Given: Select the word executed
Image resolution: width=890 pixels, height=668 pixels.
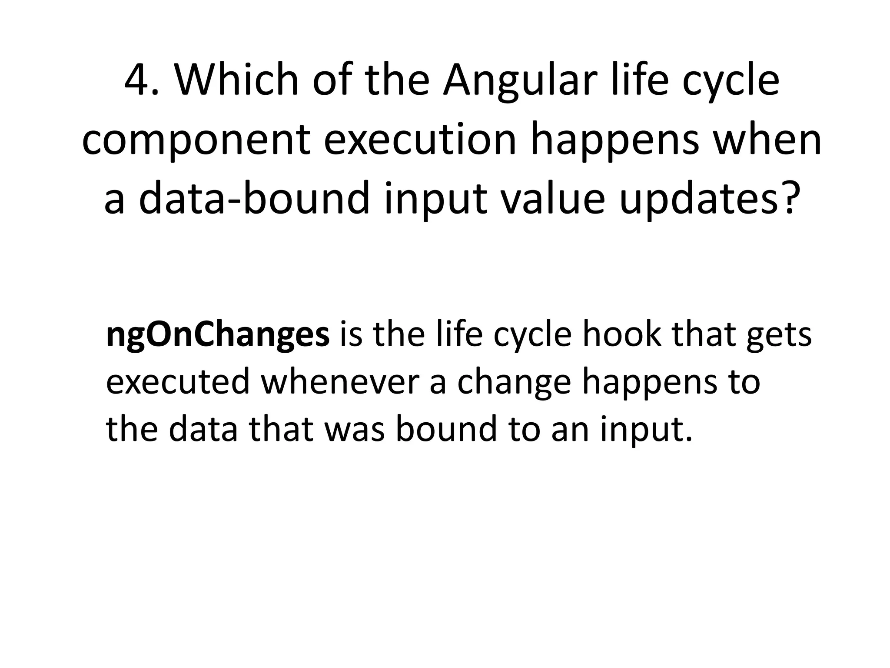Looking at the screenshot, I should click(x=178, y=381).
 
